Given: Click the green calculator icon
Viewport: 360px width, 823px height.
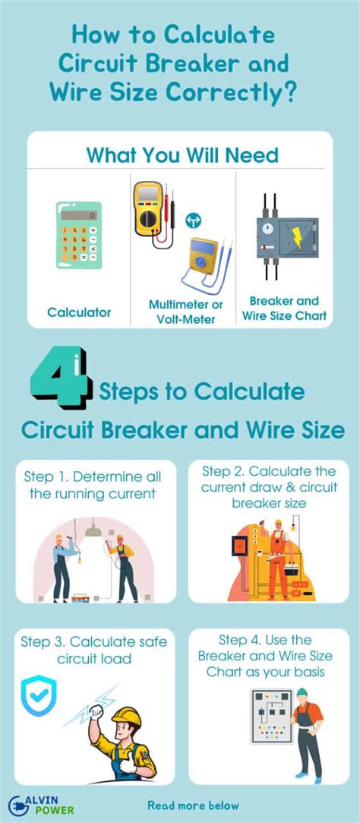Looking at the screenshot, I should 78,235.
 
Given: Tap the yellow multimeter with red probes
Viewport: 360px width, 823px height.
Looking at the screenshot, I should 148,208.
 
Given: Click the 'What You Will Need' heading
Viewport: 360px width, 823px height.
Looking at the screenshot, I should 182,156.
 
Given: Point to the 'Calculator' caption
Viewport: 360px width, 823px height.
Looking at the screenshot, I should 79,312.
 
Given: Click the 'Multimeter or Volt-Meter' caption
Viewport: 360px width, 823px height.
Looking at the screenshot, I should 186,312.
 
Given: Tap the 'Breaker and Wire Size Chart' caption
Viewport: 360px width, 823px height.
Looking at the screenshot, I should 285,308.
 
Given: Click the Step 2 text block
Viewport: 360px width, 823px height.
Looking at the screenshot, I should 269,487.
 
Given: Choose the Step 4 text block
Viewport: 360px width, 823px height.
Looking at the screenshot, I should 269,657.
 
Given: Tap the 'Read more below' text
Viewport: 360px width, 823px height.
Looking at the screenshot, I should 193,806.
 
